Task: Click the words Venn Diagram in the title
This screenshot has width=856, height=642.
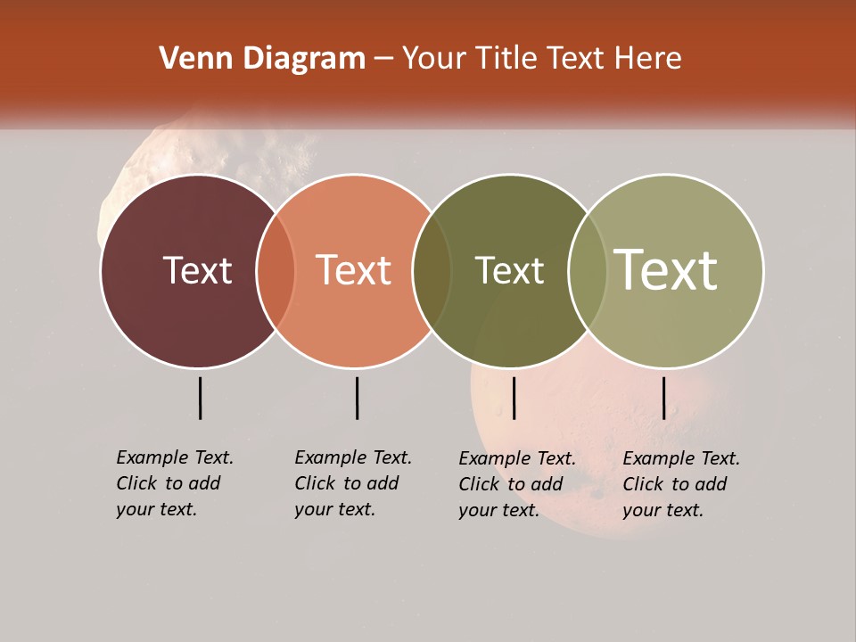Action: point(262,59)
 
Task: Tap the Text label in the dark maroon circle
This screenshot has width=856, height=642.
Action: point(197,270)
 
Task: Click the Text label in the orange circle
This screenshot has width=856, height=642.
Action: point(354,270)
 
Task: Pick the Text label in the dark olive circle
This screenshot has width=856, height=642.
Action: point(509,270)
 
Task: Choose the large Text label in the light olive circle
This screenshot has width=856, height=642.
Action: point(666,269)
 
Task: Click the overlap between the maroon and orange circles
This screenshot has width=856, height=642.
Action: point(276,271)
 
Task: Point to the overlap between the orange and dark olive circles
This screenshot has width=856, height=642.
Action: point(432,271)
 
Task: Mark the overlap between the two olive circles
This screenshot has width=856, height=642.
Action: point(588,271)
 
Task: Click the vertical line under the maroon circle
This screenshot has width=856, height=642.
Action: point(200,398)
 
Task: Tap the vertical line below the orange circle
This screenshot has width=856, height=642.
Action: point(357,398)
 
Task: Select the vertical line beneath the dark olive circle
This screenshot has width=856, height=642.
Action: point(514,398)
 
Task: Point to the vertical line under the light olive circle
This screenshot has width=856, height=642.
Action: point(663,398)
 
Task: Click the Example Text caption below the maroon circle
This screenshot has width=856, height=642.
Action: point(174,483)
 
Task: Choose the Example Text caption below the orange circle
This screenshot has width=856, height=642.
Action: point(352,483)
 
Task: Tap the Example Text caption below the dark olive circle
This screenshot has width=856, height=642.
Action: point(516,484)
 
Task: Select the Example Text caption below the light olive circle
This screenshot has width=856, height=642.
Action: point(680,484)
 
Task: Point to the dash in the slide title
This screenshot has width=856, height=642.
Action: point(383,60)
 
